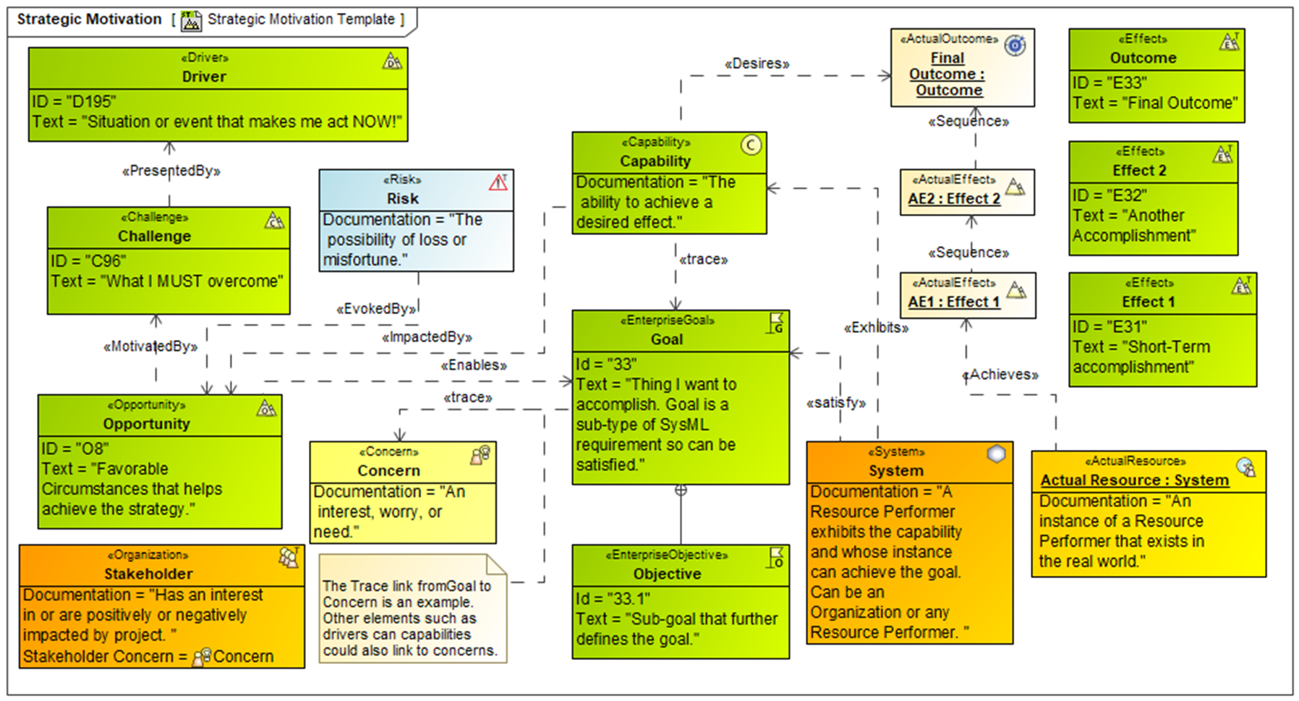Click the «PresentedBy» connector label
[171, 171]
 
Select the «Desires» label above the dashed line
[757, 64]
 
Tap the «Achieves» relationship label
[1000, 375]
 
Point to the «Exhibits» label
[876, 328]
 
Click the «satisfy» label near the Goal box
[836, 403]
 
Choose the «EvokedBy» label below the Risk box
[376, 309]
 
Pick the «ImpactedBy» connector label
[427, 337]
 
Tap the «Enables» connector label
[474, 365]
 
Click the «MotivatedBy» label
[150, 347]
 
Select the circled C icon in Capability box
[751, 145]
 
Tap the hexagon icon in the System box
[997, 454]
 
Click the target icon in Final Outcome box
[1015, 46]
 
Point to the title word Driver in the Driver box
[204, 77]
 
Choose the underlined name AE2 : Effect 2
[954, 199]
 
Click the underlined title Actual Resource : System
[1134, 480]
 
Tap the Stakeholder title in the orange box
[148, 574]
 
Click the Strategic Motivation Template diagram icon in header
[191, 20]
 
